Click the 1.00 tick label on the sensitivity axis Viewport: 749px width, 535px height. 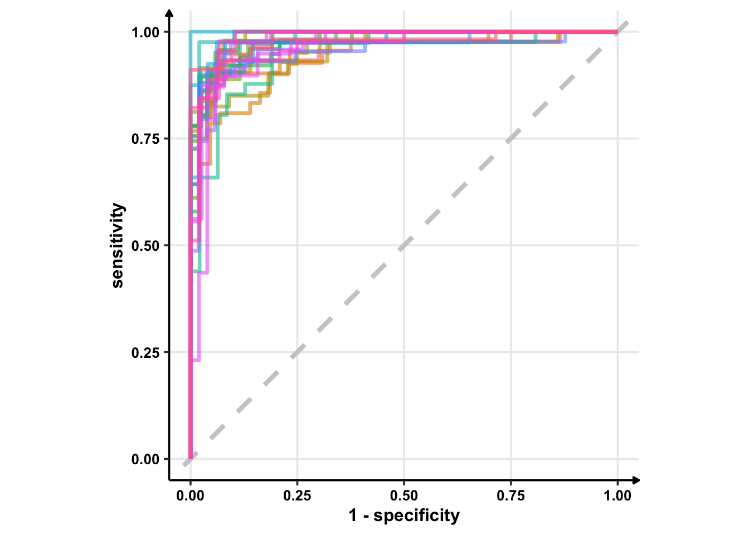tap(145, 32)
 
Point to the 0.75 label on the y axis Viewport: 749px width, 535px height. tap(145, 139)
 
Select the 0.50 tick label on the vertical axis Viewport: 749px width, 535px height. tap(145, 246)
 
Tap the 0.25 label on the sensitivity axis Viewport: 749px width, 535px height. tap(145, 353)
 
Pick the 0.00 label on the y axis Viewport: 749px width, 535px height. tap(145, 459)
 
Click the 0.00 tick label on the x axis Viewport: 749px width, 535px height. tap(191, 496)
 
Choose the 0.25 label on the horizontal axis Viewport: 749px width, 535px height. tap(297, 496)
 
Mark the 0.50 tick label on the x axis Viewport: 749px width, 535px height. tap(404, 496)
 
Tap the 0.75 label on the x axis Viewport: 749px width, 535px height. tap(510, 496)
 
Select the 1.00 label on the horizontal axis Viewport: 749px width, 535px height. tap(617, 496)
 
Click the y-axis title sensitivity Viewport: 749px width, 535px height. tap(118, 245)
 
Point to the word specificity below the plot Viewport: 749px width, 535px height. tap(416, 515)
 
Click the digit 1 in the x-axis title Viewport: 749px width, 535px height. tap(353, 515)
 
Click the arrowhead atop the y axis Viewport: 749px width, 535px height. tap(169, 12)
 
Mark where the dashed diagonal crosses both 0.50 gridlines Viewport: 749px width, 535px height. tap(404, 245)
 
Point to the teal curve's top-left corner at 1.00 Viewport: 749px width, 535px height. tap(191, 32)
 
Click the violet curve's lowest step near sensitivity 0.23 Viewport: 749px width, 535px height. tap(196, 360)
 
